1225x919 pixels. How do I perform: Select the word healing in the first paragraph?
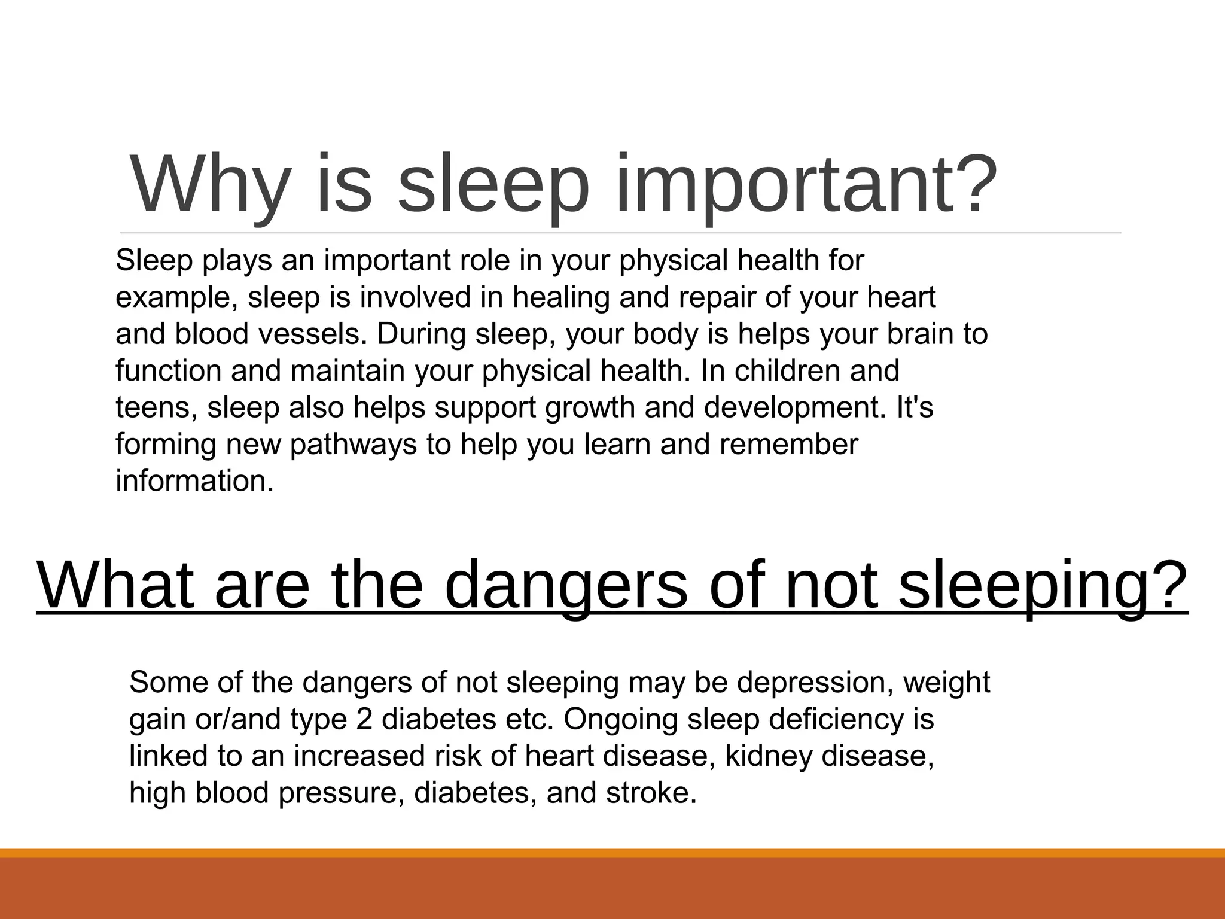coord(560,297)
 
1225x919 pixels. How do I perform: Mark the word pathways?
coord(353,445)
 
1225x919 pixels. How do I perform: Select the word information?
coord(194,482)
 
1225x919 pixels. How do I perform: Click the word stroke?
coord(651,793)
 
